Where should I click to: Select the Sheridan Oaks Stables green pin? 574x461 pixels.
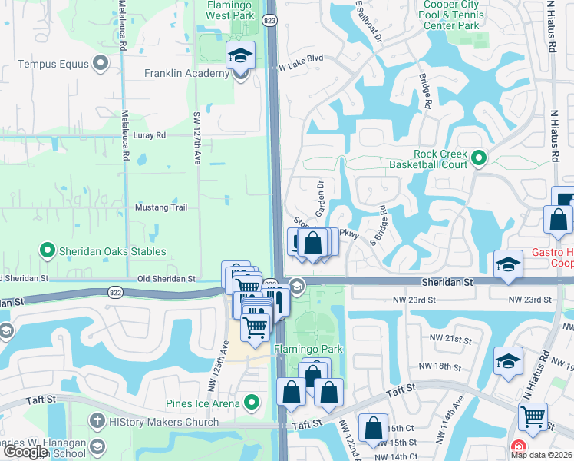pos(47,250)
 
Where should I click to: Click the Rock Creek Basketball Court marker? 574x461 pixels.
pos(479,159)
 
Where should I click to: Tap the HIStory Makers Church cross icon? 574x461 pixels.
pos(97,422)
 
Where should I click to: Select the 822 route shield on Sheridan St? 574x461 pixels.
pos(114,292)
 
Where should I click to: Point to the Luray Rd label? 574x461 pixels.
pos(150,135)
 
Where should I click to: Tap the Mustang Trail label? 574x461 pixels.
pos(161,207)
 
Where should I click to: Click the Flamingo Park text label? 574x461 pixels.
pos(308,350)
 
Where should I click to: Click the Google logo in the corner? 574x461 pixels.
pos(25,452)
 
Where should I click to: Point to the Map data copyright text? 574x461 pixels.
pos(541,455)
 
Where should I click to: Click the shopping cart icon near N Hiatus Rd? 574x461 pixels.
pos(533,417)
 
